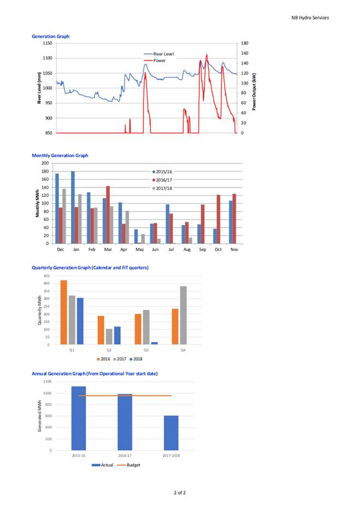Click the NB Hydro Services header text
pos(310,18)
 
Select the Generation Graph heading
pos(50,37)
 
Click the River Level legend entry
pos(159,54)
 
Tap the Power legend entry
pos(155,61)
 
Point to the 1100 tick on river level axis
pos(48,58)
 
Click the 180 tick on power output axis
pos(245,43)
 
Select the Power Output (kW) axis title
pos(254,91)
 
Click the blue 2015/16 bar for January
pos(73,207)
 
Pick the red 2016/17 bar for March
pos(108,215)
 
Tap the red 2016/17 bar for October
pos(219,219)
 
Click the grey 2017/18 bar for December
pos(64,216)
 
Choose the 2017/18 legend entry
pos(162,189)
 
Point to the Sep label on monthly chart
pos(203,249)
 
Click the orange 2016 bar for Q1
pos(64,312)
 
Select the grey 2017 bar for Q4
pos(183,315)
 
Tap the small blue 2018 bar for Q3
pos(155,343)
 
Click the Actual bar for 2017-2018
pos(171,433)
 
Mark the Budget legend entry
pos(129,465)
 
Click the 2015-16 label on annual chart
pos(79,456)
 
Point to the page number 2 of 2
pos(180,493)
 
